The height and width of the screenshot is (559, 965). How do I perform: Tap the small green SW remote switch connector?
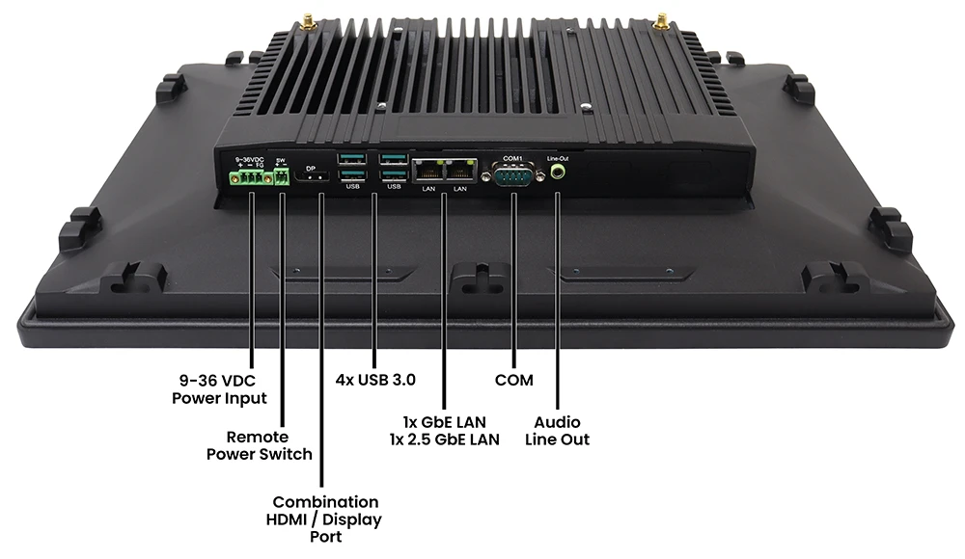pyautogui.click(x=282, y=178)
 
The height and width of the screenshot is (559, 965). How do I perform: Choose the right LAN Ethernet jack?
pyautogui.click(x=461, y=172)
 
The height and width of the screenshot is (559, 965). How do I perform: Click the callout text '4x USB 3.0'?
pyautogui.click(x=375, y=380)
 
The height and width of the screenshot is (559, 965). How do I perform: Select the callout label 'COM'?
pyautogui.click(x=513, y=380)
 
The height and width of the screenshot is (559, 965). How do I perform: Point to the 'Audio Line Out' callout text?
pyautogui.click(x=558, y=431)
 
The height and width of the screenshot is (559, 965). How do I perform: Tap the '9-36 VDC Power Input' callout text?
pyautogui.click(x=219, y=388)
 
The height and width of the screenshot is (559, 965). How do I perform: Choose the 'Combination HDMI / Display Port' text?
pyautogui.click(x=325, y=519)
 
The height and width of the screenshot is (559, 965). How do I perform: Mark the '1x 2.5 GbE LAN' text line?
pyautogui.click(x=444, y=439)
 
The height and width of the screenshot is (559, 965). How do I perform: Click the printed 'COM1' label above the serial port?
pyautogui.click(x=512, y=158)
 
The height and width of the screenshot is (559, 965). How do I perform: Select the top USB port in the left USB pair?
pyautogui.click(x=352, y=158)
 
